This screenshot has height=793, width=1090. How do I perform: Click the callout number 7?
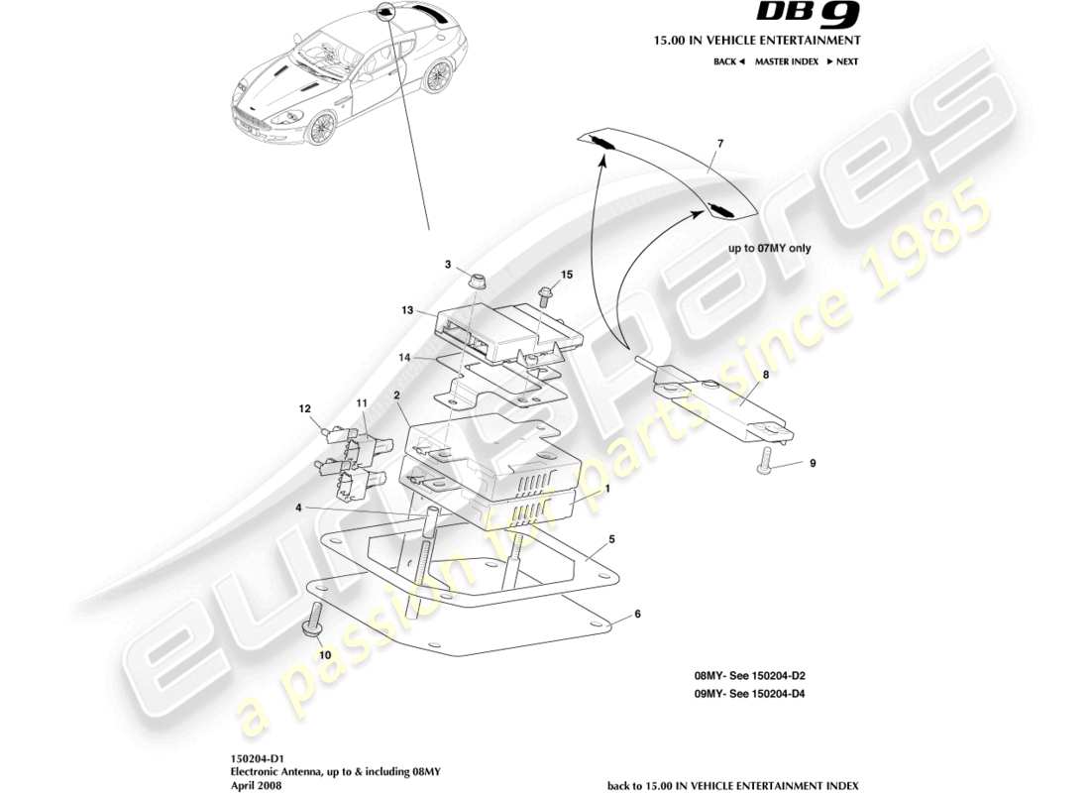tap(720, 145)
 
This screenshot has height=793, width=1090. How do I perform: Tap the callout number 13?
tap(407, 310)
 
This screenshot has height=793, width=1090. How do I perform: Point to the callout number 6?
tap(638, 614)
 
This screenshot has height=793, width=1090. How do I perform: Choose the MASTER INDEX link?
tap(786, 61)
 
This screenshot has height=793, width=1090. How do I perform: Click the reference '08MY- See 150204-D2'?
tap(749, 675)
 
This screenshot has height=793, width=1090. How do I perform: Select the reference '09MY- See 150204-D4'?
tap(749, 694)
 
